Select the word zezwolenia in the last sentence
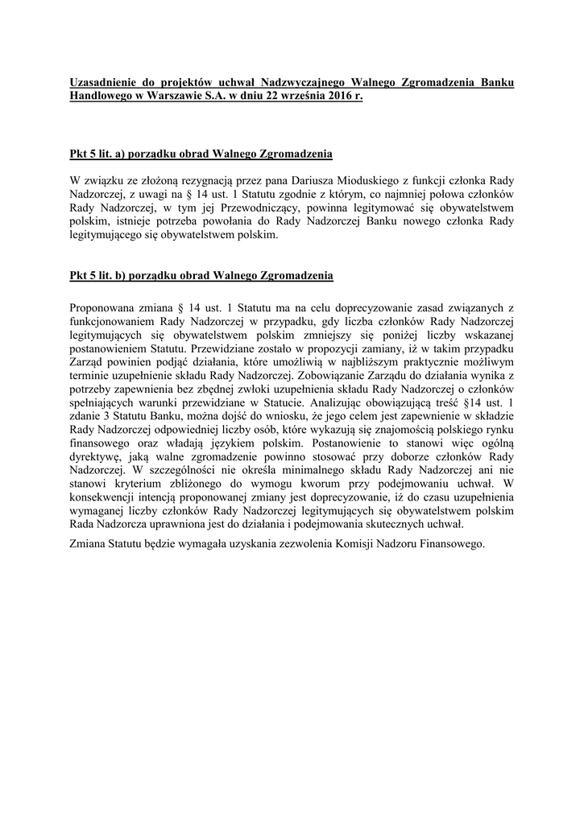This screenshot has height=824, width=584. point(295,544)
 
